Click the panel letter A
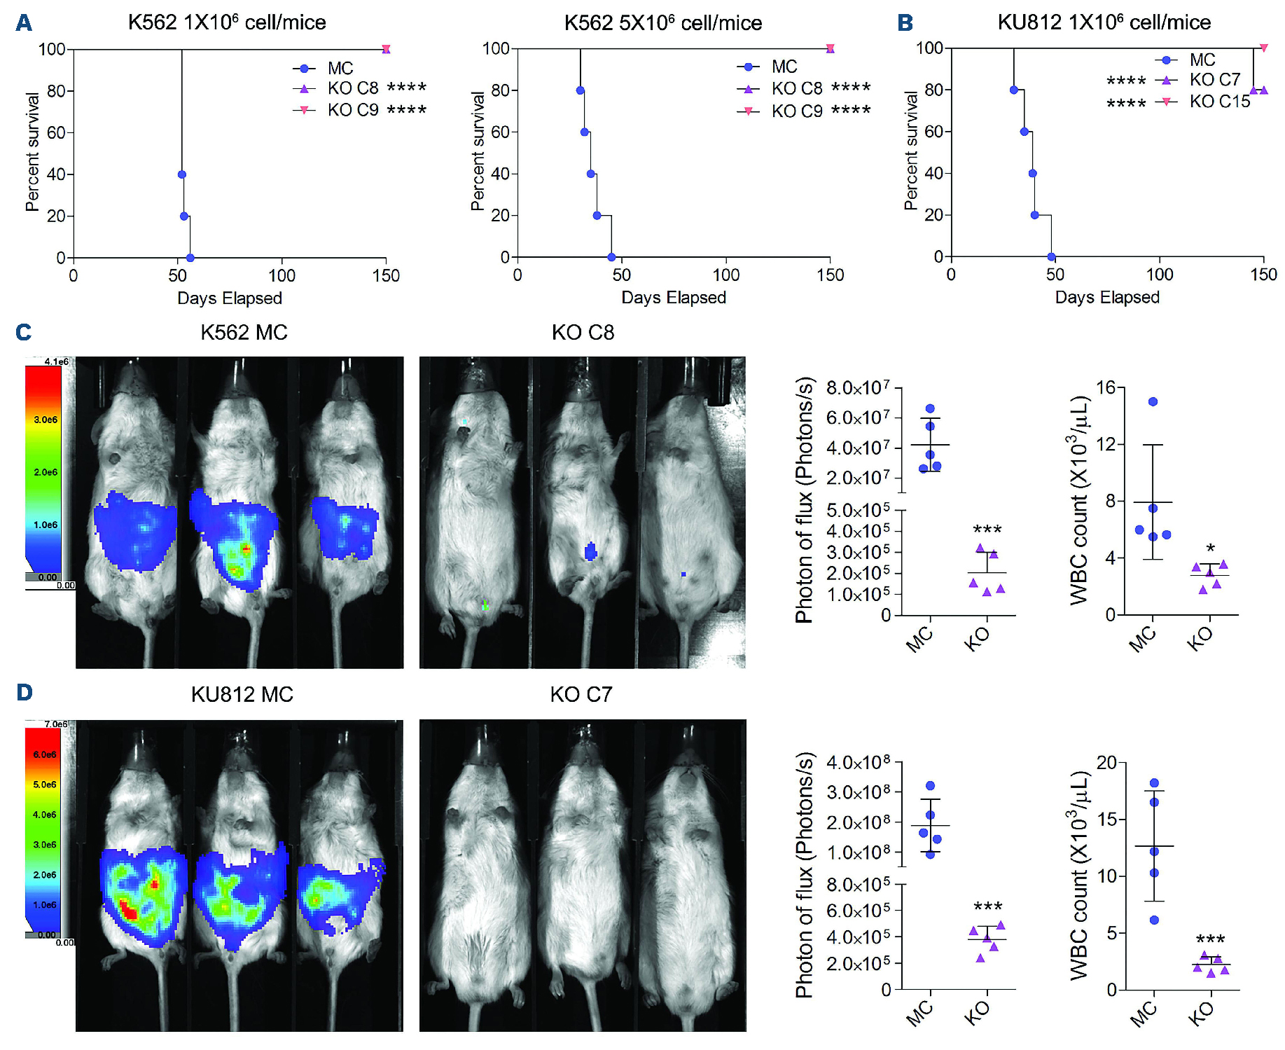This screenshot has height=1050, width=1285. [x=24, y=23]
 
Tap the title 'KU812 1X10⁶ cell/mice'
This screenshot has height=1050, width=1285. [x=1104, y=22]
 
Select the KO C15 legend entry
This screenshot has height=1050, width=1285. [x=1219, y=102]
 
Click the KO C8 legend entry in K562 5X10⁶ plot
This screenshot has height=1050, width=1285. [x=797, y=88]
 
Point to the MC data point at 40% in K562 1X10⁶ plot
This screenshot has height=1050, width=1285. [x=182, y=174]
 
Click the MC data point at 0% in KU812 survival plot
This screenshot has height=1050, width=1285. [x=1051, y=257]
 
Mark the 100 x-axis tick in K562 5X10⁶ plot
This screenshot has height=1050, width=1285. [x=726, y=275]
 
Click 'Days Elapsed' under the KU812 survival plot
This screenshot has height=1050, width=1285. [x=1106, y=298]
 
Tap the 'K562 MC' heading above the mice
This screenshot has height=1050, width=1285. [x=244, y=332]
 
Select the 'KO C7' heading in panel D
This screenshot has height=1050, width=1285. [x=581, y=694]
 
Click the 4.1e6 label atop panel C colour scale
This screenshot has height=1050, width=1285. [x=56, y=361]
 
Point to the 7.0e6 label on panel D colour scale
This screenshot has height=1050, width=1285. [x=56, y=724]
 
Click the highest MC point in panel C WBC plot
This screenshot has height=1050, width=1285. [x=1153, y=401]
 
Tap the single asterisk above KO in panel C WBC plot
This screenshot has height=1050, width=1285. [x=1210, y=548]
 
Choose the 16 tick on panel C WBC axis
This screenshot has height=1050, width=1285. [x=1106, y=387]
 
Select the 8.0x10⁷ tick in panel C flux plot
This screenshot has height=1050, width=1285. [x=858, y=387]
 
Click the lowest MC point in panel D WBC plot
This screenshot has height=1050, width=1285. [x=1154, y=920]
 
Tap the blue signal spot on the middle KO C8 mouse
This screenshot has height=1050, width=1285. [x=590, y=551]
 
